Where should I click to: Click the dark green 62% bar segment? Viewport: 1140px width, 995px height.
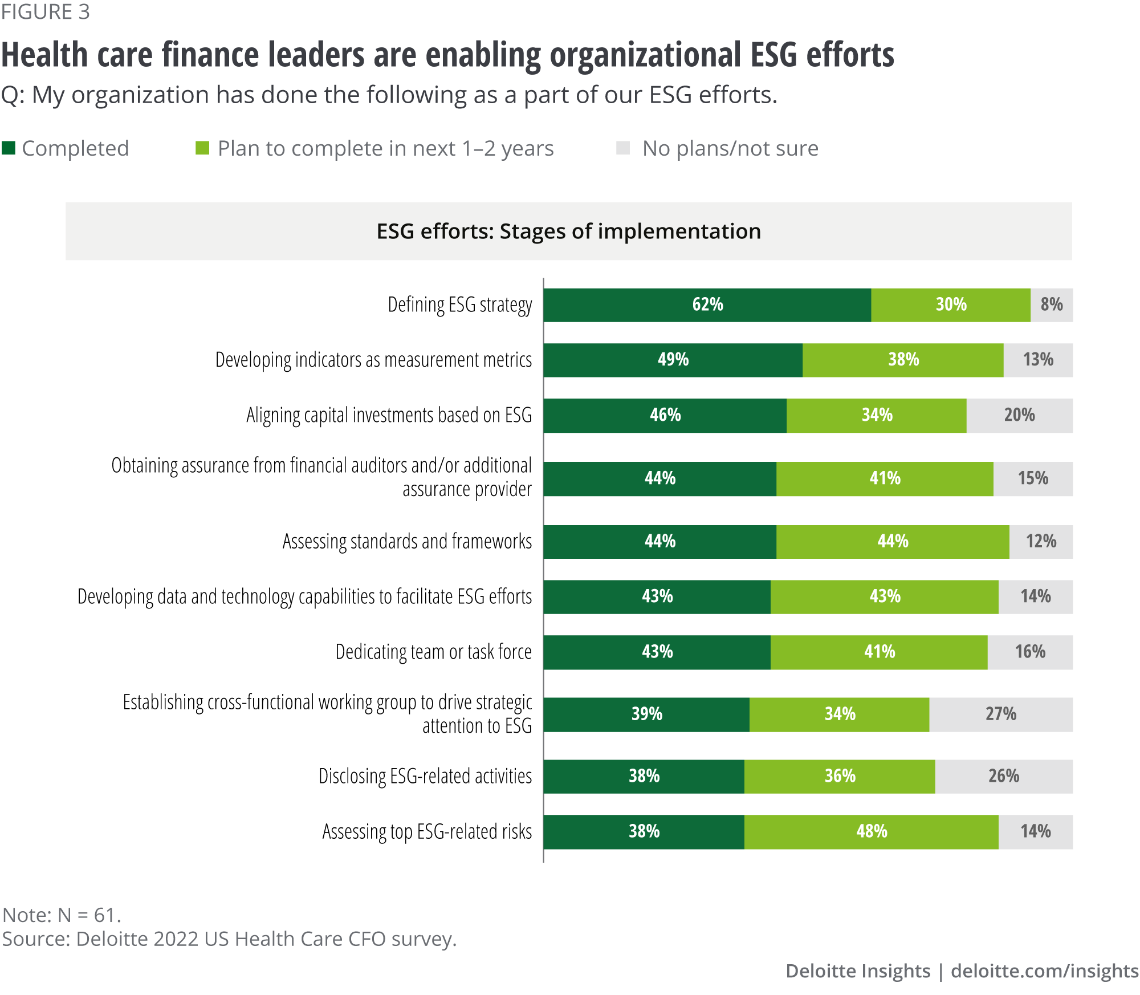[707, 305]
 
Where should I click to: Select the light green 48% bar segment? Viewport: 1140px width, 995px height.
[871, 832]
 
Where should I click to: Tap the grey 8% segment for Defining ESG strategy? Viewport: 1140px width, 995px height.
[1051, 305]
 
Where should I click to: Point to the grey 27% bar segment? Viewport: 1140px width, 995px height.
[1000, 714]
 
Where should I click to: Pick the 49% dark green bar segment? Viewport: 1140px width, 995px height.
[673, 360]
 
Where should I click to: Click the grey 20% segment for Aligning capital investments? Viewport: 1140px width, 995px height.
[1019, 416]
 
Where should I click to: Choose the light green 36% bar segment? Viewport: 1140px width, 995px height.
[840, 777]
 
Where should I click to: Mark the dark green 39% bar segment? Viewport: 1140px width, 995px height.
[646, 714]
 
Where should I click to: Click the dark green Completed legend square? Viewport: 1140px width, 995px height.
[9, 148]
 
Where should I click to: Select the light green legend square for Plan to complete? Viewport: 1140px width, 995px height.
[202, 148]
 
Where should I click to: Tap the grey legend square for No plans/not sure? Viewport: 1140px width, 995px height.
[623, 148]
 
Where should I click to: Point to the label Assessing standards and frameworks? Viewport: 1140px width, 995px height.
[407, 542]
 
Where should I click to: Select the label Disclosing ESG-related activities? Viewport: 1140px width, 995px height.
[425, 777]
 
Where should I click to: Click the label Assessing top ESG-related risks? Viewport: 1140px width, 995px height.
[427, 832]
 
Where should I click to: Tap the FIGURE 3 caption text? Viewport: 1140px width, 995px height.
[46, 12]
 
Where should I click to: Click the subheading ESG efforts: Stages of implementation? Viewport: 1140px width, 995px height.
[568, 232]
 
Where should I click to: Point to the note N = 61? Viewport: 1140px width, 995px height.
[62, 915]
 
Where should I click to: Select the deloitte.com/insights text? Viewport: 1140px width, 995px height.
[1044, 971]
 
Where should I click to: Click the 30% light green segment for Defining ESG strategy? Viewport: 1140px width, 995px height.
[951, 305]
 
